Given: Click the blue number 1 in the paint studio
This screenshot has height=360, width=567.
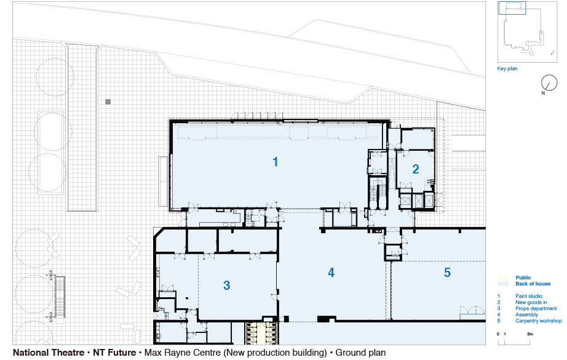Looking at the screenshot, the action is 276,162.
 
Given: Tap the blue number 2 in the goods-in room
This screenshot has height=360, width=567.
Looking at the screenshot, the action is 416,169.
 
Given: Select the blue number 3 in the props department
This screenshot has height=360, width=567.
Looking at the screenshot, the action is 227,286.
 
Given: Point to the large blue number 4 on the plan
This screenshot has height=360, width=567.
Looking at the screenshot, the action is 331,273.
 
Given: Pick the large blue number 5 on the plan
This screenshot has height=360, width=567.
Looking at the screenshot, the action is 447,273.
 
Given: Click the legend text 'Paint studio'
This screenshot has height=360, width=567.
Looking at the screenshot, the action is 529,296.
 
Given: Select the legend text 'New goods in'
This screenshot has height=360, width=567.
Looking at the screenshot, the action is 531,302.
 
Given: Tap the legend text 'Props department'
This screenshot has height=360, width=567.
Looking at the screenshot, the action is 536,308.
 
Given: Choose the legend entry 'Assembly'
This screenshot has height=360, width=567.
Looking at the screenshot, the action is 526,314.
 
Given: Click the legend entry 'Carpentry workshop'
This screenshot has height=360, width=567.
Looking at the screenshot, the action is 539,321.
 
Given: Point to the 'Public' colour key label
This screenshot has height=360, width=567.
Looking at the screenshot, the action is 523,278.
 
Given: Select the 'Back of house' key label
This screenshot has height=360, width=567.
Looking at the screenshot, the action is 533,284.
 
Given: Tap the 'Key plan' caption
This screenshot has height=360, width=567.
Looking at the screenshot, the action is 507,68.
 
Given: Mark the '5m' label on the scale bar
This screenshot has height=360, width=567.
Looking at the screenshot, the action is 529,334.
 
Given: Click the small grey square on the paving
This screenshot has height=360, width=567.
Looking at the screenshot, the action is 108,102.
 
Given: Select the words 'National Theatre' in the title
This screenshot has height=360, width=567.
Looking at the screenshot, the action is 49,353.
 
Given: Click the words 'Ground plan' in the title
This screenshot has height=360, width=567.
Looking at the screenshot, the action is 360,353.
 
